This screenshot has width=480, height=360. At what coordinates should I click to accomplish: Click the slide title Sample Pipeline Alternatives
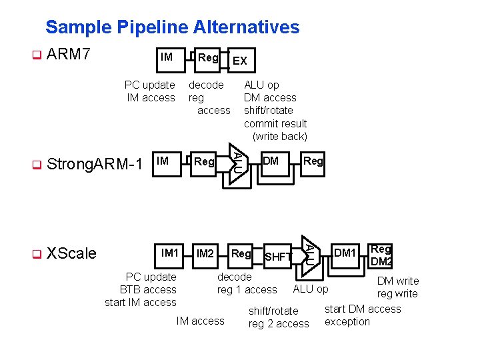[172, 27]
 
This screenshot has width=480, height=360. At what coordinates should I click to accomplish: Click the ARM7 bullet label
[69, 55]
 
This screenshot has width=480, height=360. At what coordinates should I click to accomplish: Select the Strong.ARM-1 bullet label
[95, 164]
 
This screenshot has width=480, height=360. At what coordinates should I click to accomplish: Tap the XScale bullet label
[72, 253]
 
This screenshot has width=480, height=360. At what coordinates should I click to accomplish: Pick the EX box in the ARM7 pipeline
[240, 61]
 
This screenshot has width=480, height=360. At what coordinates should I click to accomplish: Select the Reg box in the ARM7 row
[207, 58]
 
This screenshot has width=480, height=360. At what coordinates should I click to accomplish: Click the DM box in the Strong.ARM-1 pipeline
[271, 161]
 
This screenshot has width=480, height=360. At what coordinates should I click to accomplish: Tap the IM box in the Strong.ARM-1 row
[162, 161]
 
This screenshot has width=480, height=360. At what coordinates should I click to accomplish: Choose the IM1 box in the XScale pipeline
[171, 253]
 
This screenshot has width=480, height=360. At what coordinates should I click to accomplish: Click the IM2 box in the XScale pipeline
[205, 254]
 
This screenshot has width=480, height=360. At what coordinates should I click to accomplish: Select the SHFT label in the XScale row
[278, 257]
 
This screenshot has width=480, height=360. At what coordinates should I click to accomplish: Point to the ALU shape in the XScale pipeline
[309, 252]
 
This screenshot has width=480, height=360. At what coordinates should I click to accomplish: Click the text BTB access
[148, 289]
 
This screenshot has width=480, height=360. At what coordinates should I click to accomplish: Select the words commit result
[275, 123]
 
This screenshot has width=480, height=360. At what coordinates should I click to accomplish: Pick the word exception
[347, 321]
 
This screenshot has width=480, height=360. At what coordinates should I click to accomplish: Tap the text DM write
[398, 281]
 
